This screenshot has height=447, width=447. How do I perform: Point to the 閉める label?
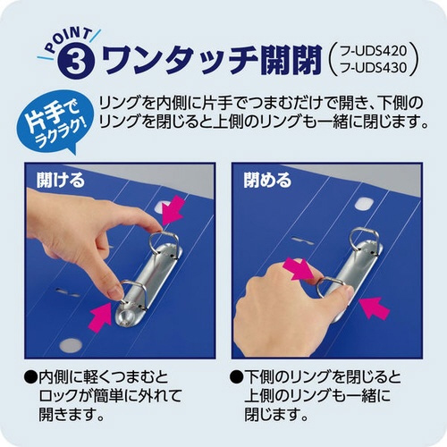point(267,180)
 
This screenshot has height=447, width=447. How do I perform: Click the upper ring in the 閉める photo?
point(363,240)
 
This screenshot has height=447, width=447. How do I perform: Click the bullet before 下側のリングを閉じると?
point(237,377)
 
